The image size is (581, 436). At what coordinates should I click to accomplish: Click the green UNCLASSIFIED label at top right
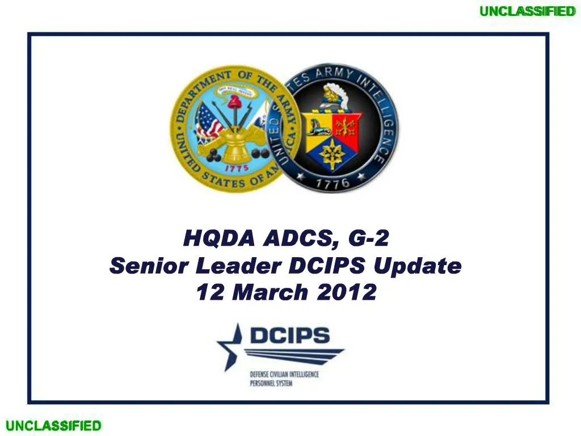pyautogui.click(x=527, y=11)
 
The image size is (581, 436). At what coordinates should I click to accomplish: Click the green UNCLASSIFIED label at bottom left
pyautogui.click(x=53, y=426)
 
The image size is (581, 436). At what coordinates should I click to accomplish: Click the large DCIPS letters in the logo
pyautogui.click(x=289, y=336)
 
